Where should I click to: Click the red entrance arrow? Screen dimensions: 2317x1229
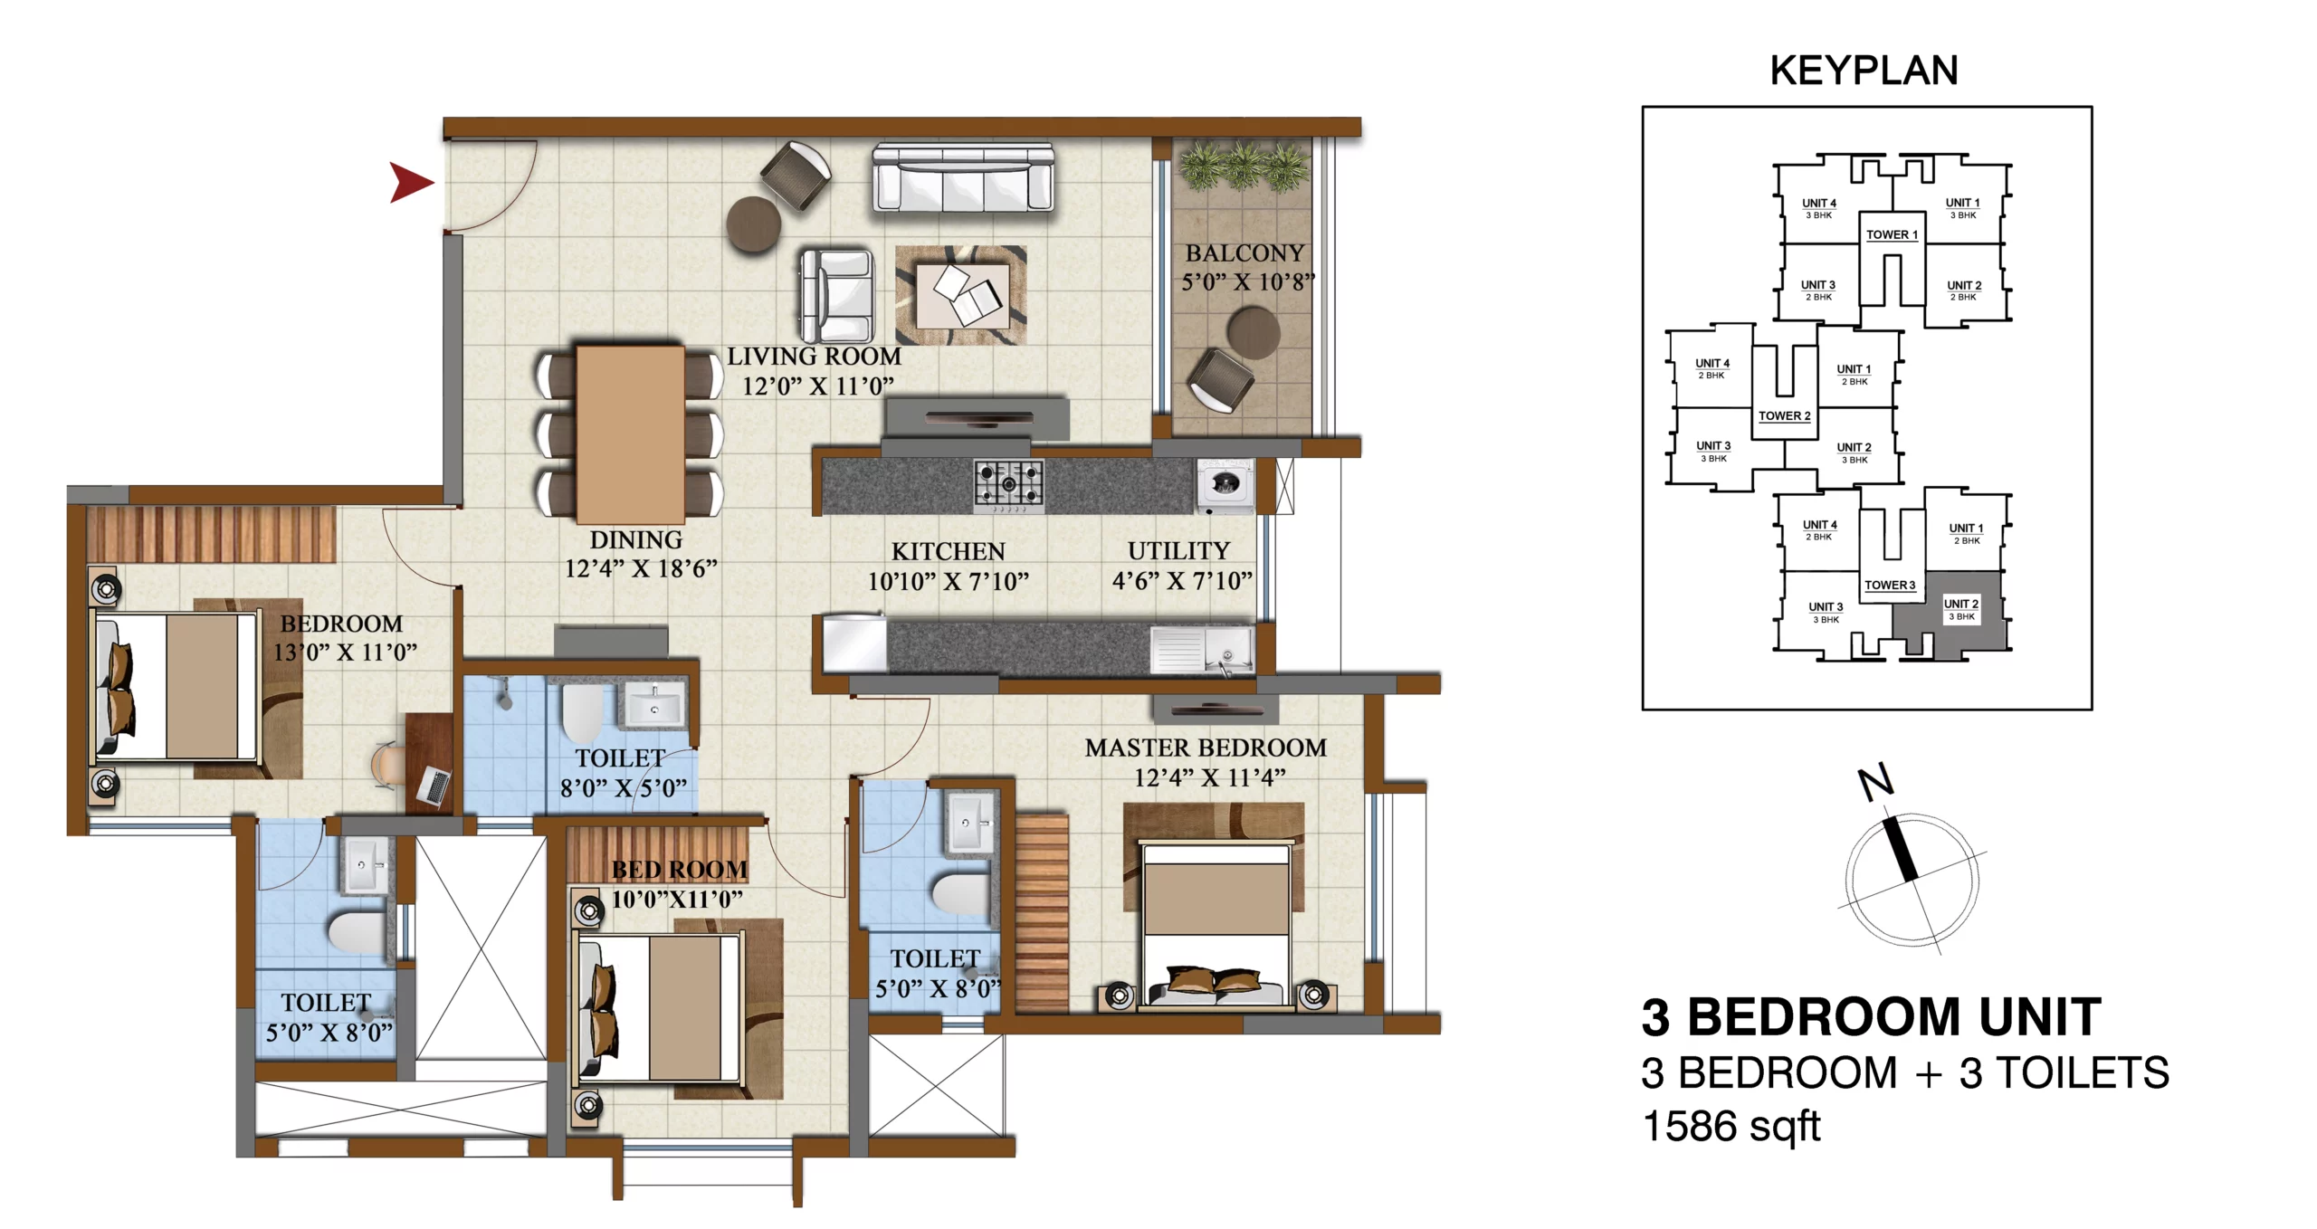coord(410,182)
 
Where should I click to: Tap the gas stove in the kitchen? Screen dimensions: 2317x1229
coord(1008,483)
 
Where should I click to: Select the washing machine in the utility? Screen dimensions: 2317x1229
coord(1225,486)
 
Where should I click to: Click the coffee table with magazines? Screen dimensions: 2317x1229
coord(962,295)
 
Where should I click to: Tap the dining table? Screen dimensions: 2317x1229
coord(630,434)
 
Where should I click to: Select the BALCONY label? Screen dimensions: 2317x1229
coord(1244,253)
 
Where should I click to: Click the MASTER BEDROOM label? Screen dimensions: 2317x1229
coord(1206,748)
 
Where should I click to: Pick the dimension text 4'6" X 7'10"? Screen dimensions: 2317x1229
coord(1182,580)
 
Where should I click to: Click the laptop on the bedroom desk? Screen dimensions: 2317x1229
coord(434,786)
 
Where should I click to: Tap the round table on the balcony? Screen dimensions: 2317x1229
coord(1254,332)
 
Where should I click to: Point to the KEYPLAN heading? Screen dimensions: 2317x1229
coord(1864,71)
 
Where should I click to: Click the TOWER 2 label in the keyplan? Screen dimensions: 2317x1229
coord(1784,416)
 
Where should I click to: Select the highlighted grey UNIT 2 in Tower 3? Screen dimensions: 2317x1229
coord(1950,612)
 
